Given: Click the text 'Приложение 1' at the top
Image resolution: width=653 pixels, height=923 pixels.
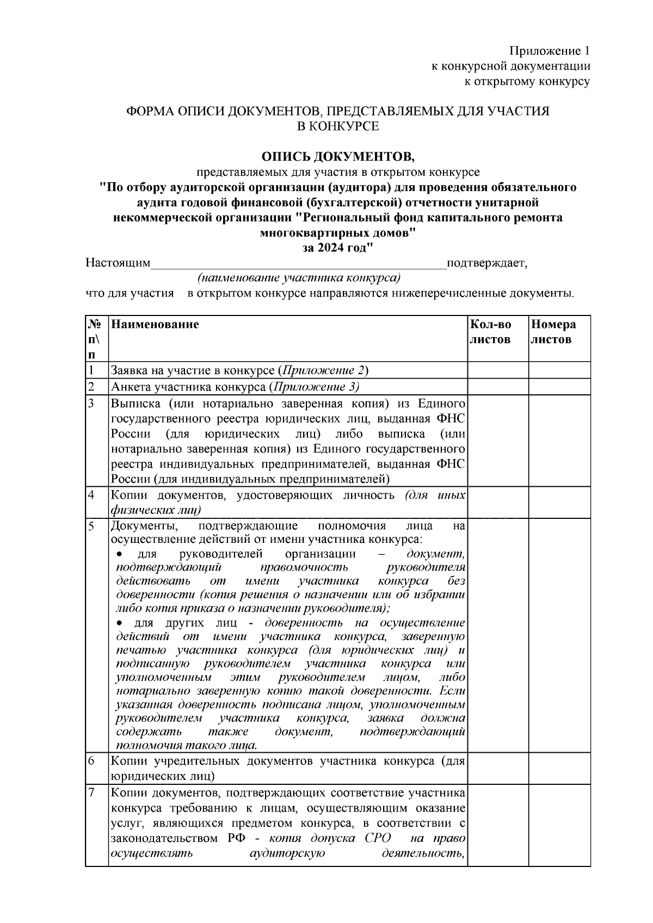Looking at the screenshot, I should coord(549,51).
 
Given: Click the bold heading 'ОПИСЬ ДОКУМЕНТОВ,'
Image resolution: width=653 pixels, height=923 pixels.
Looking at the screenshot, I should coord(338,157).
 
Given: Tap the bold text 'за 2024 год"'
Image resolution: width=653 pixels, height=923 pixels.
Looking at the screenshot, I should coord(338,248).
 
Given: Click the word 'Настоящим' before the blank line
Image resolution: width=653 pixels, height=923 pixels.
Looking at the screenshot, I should coord(118,263).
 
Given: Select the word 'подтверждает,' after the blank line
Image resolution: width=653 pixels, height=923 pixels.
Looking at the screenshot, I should coord(486,263).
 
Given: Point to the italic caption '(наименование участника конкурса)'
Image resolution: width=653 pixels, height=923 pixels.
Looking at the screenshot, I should coord(299,278).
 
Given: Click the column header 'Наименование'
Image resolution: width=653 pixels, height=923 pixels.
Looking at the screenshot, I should coord(155,325).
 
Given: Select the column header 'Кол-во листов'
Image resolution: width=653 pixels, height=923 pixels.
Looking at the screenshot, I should coord(490,332).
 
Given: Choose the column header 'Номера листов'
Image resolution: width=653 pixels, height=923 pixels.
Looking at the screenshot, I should coord(553,332).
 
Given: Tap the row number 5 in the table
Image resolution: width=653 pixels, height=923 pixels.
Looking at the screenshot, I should coord(91,526).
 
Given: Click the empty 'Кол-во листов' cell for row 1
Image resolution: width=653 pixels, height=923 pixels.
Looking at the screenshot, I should coord(497,371).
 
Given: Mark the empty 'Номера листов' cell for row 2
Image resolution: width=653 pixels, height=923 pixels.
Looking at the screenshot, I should coord(559,387).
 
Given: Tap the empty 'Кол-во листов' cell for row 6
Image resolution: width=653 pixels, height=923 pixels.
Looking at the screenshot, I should coord(497,767).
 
